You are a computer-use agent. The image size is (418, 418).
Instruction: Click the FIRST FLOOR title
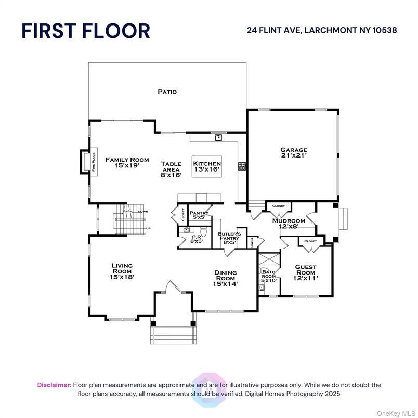click(85, 31)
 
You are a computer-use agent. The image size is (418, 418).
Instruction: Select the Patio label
click(167, 92)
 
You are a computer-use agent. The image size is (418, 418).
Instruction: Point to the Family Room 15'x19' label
click(127, 163)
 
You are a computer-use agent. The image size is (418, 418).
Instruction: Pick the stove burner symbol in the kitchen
click(242, 166)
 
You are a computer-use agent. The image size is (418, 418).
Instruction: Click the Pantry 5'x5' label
click(199, 215)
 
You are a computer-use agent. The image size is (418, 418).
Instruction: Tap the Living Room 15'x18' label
click(122, 271)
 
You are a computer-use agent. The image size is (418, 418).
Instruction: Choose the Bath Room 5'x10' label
click(268, 277)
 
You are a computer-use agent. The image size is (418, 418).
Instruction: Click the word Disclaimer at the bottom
click(54, 385)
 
